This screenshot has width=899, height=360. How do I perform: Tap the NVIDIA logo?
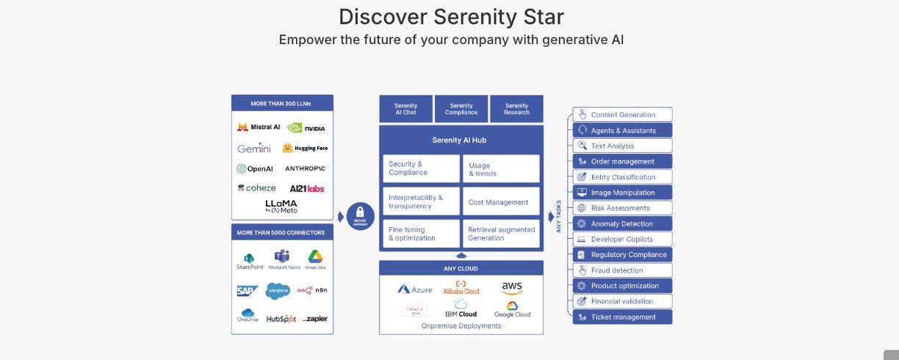[x=306, y=128]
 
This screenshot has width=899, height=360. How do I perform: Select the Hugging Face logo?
[x=305, y=148]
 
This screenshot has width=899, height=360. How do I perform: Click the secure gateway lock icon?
[x=361, y=216]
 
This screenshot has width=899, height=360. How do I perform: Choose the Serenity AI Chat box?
[x=405, y=109]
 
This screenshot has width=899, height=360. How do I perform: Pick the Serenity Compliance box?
[x=461, y=109]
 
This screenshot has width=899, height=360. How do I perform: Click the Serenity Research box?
[x=516, y=109]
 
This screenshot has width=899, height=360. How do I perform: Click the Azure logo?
[x=415, y=289]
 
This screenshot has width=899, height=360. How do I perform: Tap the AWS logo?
[x=512, y=287]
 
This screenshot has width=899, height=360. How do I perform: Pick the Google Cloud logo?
[x=512, y=309]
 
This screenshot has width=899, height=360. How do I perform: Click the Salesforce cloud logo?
[x=278, y=291]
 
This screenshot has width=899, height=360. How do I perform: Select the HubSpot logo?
[x=281, y=319]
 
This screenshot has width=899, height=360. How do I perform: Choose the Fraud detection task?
[x=623, y=270]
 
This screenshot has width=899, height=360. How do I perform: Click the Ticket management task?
[x=623, y=317]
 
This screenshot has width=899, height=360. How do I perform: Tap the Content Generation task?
[x=623, y=115]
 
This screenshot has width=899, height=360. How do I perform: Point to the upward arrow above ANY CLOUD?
[x=461, y=255]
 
